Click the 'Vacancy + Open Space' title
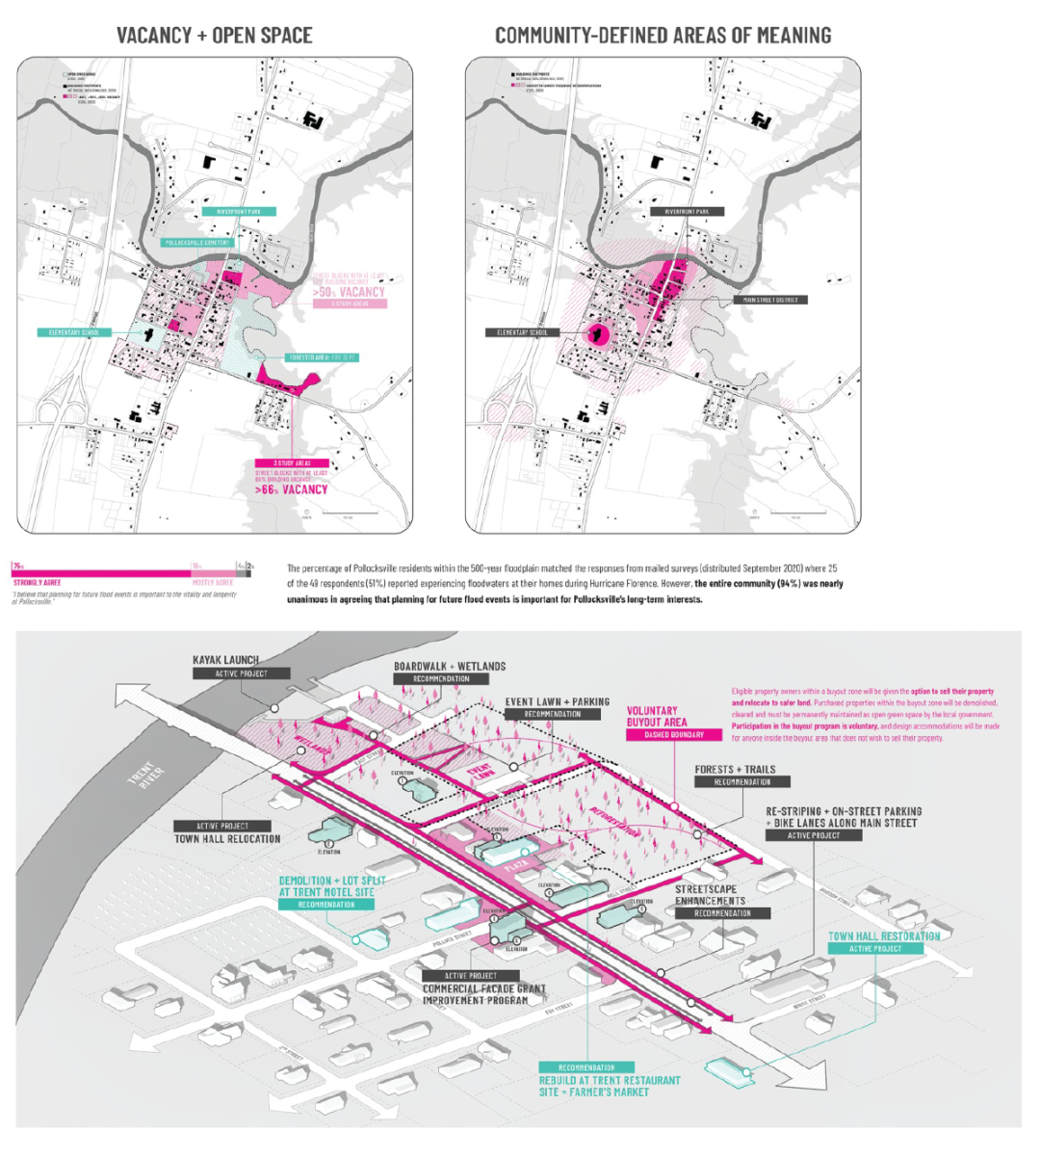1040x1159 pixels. point(214,36)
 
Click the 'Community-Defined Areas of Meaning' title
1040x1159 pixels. point(663,36)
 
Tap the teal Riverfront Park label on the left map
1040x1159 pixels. point(239,211)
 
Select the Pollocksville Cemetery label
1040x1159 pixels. point(197,243)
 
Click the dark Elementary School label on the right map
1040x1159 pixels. point(522,332)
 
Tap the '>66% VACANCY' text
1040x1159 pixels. point(292,489)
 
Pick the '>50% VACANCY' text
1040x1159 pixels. point(349,292)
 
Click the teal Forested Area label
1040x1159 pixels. point(324,357)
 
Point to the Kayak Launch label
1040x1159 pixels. point(225,660)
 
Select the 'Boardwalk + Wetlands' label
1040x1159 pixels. point(449,667)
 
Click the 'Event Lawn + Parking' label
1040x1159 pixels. point(557,702)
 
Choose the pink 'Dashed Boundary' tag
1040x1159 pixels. point(673,735)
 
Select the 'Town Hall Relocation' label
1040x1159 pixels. point(227,839)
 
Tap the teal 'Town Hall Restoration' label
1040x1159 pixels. point(884,935)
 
